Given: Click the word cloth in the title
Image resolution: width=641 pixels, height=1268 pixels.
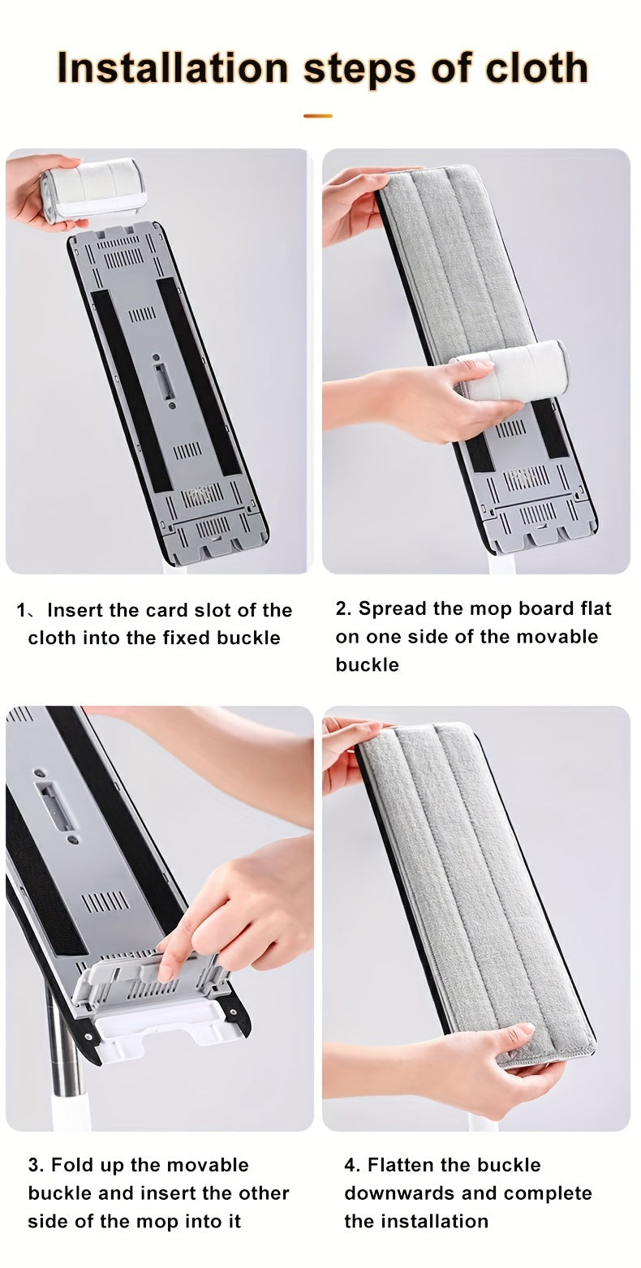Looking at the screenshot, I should pos(536,67).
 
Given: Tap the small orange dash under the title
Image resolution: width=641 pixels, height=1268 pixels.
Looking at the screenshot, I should pos(318,116).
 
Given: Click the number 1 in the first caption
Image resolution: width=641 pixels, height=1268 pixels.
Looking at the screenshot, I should pos(22,610).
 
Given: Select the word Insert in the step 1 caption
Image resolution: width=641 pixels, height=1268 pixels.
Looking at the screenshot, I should pos(77,610).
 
